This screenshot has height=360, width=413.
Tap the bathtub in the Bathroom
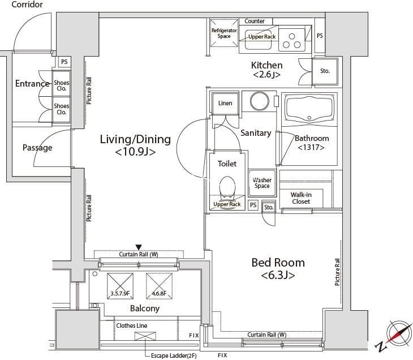(x=309, y=110)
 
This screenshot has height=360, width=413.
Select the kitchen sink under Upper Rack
(x=259, y=40)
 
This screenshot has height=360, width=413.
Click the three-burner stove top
(x=292, y=41)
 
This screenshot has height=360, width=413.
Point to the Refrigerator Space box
(x=224, y=33)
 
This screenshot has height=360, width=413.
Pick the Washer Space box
(x=262, y=183)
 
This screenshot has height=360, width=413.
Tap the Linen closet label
(x=225, y=103)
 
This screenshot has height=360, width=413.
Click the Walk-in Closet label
(x=301, y=198)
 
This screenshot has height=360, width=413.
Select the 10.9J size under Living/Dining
(x=135, y=152)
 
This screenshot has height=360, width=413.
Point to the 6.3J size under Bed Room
(x=278, y=275)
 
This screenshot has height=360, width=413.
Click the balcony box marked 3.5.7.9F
(x=120, y=286)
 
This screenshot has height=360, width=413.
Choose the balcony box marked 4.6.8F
(x=160, y=286)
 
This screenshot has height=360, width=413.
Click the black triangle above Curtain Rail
(x=139, y=247)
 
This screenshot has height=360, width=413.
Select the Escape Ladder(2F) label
(x=174, y=356)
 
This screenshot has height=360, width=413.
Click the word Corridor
(x=27, y=5)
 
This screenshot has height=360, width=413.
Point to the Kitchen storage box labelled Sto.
(x=325, y=71)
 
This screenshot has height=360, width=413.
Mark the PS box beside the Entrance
(x=64, y=62)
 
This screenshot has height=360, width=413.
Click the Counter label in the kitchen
(x=255, y=21)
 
